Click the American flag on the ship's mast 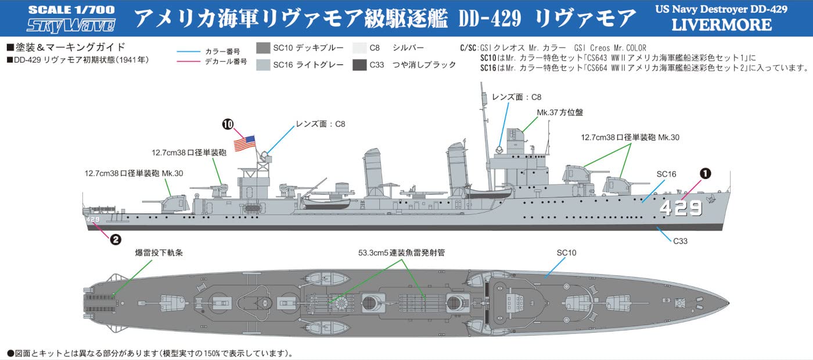click(x=244, y=142)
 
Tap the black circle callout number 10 click(x=228, y=124)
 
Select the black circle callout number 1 click(x=704, y=173)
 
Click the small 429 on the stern click(x=93, y=219)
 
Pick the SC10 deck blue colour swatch click(x=263, y=48)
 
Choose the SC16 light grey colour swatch click(x=263, y=65)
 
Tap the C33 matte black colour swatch click(x=359, y=65)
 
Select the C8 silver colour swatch click(x=359, y=48)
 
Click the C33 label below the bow click(x=680, y=240)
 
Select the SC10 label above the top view click(x=566, y=253)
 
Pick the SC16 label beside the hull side click(x=667, y=174)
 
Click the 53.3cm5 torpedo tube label click(x=401, y=253)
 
